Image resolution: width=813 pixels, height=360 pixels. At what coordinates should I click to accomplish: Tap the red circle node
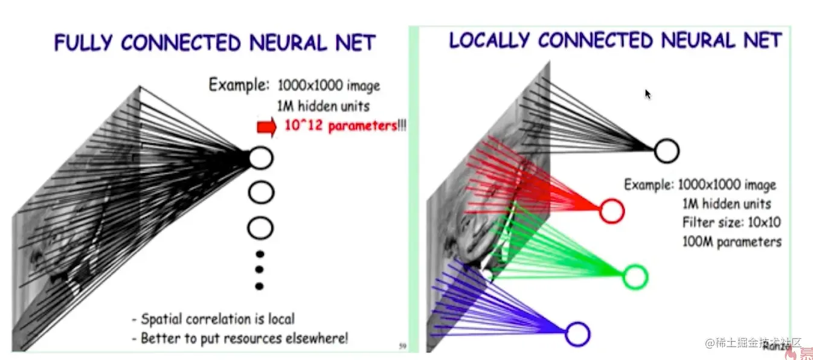611,211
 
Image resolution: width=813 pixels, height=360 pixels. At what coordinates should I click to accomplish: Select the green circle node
635,277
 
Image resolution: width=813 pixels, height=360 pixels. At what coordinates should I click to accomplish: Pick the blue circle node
577,334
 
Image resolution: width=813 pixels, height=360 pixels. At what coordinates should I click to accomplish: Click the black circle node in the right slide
667,151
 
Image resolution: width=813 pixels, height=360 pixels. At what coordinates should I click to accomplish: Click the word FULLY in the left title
83,43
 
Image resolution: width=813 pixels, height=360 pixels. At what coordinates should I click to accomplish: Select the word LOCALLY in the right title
490,40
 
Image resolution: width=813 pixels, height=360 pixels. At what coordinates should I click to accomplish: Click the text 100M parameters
731,242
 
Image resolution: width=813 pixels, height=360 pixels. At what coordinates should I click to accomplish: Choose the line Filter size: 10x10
731,223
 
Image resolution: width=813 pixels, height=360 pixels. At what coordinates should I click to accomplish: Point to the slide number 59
403,346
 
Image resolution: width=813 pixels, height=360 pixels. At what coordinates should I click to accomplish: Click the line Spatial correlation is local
213,319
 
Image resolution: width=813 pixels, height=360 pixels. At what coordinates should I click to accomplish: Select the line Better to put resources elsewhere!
240,338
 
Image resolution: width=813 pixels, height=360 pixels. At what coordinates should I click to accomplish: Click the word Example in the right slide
649,185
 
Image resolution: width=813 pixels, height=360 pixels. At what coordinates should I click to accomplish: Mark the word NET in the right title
762,40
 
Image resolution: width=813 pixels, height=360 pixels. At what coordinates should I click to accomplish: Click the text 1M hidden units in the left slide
323,106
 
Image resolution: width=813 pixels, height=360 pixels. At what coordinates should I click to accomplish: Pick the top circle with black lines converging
261,158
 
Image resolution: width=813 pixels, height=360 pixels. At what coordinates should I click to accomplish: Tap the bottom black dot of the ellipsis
260,286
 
